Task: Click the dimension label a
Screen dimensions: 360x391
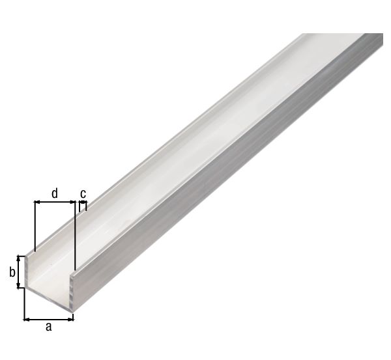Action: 48,327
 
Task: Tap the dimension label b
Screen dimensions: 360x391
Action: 12,272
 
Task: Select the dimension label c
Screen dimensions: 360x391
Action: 83,193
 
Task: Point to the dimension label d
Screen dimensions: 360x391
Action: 55,193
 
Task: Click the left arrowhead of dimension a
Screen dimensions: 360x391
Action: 27,318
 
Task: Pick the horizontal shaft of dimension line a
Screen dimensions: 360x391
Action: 49,318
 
